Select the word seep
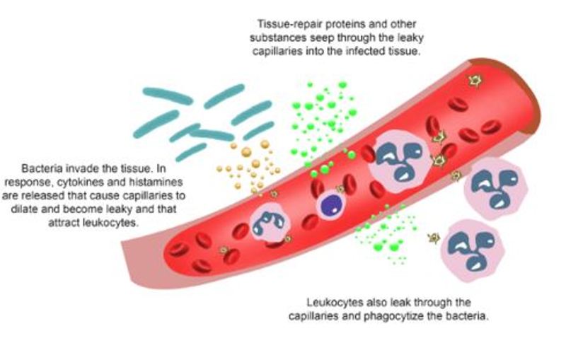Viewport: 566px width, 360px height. click(x=322, y=38)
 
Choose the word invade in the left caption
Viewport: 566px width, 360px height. click(x=81, y=168)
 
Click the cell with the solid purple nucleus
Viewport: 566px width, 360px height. click(x=330, y=205)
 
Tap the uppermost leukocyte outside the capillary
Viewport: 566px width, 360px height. click(x=495, y=188)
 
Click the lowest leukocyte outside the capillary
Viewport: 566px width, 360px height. click(x=473, y=250)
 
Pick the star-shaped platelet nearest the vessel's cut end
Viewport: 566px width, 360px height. click(x=475, y=81)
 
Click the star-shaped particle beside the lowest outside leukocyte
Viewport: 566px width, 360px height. click(x=434, y=238)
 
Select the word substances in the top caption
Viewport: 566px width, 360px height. click(x=278, y=38)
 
